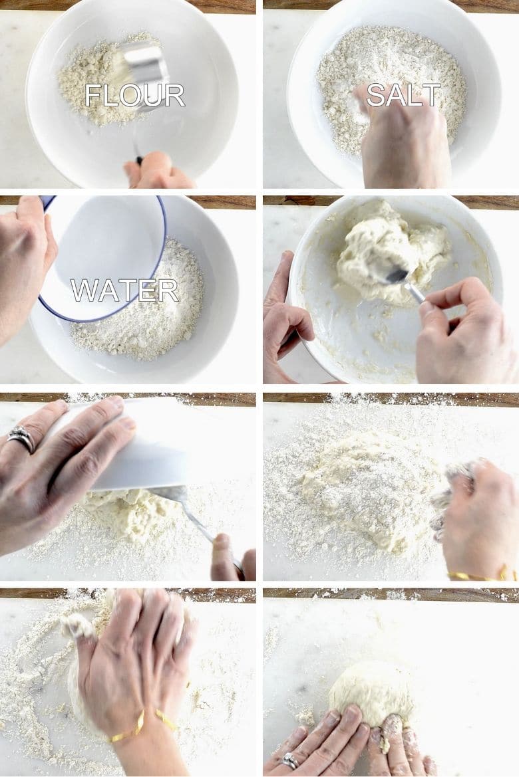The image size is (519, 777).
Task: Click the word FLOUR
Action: pos(134,96)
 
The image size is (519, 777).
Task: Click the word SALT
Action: pos(403,95)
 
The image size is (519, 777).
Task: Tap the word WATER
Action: pos(124,290)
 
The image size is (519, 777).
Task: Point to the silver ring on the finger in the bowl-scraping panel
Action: pos(21,439)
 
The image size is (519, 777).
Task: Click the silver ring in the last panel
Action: pos(289,762)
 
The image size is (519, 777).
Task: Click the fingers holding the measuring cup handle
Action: pos(158,171)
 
